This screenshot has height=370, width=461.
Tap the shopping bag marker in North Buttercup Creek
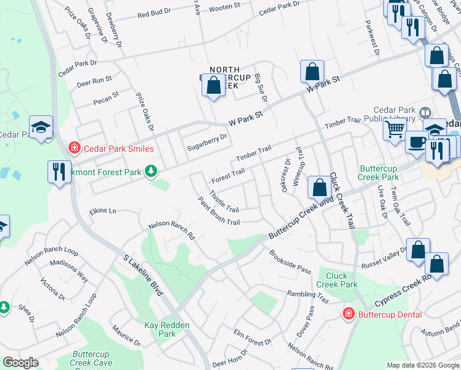(214, 86)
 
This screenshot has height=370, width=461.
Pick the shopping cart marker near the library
(394, 129)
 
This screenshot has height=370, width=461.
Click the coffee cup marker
(417, 142)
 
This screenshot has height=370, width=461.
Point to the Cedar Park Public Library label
(394, 109)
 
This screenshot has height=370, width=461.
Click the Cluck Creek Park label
(337, 280)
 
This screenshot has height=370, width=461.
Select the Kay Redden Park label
(160, 329)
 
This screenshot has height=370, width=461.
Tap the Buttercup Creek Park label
(380, 172)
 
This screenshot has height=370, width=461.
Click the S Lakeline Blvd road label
(142, 275)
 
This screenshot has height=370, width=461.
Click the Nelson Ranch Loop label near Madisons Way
(51, 252)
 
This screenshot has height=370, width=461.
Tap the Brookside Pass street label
(290, 261)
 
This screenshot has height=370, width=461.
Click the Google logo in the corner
(20, 362)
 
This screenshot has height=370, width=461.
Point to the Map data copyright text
(423, 365)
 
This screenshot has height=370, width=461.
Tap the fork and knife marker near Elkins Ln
(59, 171)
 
